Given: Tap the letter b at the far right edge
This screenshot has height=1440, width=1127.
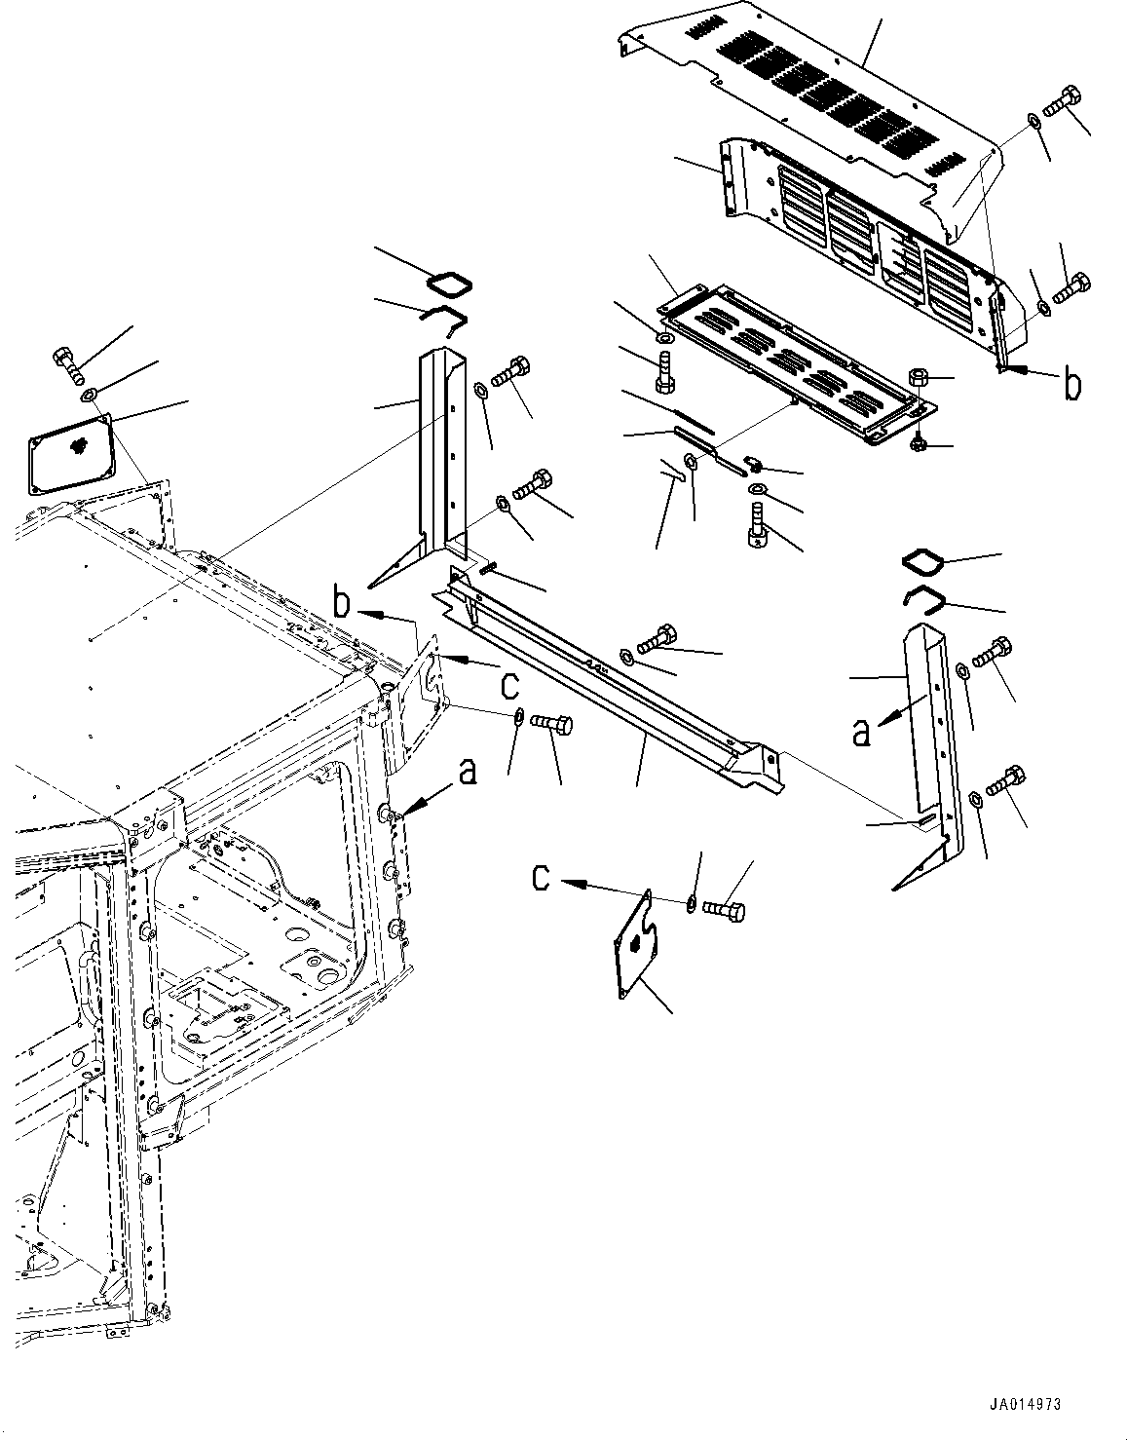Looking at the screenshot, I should coord(1071,385).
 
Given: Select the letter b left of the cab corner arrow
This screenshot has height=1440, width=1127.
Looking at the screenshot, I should coord(342,603).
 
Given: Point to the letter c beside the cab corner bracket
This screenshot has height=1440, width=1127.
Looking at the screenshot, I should coord(508,684).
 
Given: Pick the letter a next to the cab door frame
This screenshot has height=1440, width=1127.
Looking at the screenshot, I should coord(469,773).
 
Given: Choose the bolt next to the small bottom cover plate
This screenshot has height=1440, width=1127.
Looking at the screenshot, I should coord(725,910).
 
